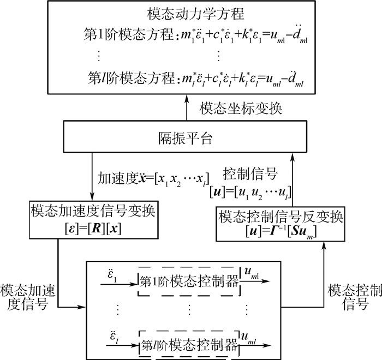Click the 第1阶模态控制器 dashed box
click(189, 282)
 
